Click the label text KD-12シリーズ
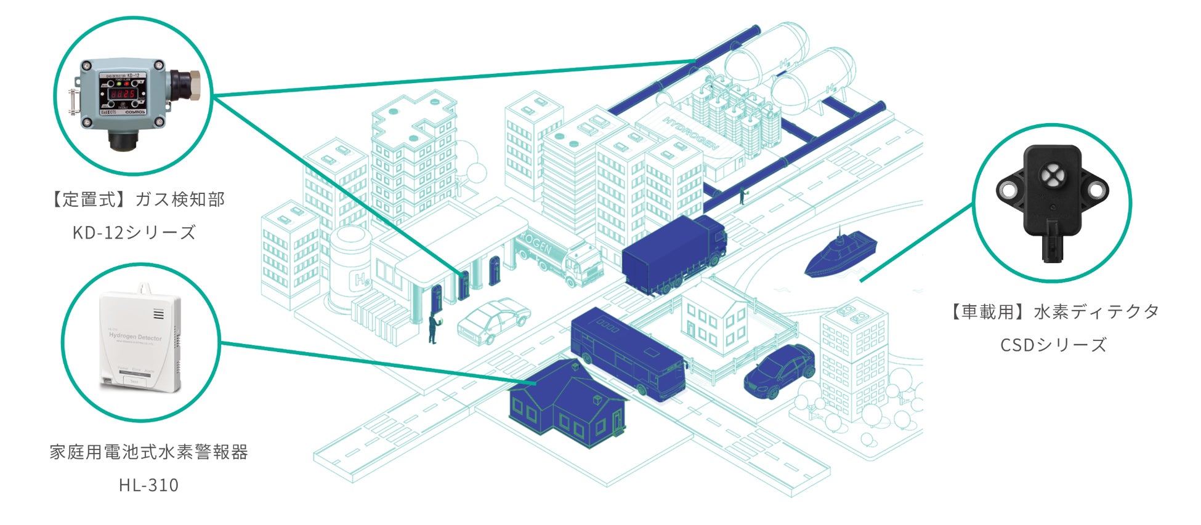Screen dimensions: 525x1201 click(x=134, y=233)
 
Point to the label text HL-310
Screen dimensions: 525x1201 click(x=148, y=485)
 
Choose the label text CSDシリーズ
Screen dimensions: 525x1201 click(x=1053, y=345)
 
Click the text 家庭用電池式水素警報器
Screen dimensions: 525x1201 click(x=148, y=452)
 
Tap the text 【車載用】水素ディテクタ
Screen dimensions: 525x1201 click(x=1053, y=312)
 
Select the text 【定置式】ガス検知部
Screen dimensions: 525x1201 click(x=135, y=199)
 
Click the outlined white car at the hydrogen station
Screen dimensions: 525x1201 click(x=493, y=320)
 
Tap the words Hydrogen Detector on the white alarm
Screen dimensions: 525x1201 click(x=135, y=337)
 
